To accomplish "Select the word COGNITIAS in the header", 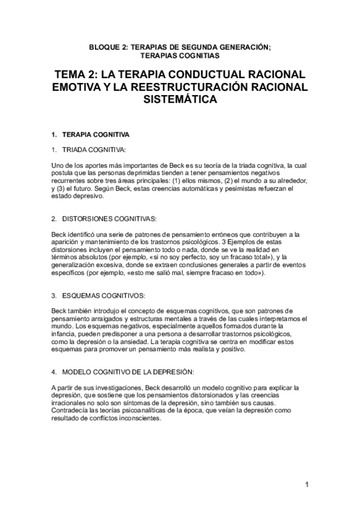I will pos(199,55).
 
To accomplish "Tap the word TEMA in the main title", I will pos(73,75).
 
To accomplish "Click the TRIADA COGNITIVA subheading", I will pos(94,149).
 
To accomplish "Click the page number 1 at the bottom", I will pos(307,485).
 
